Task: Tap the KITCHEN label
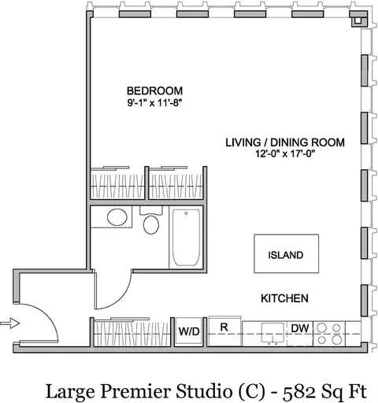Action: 284,299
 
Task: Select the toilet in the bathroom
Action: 152,224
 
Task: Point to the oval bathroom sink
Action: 116,218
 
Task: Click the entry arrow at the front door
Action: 8,322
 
